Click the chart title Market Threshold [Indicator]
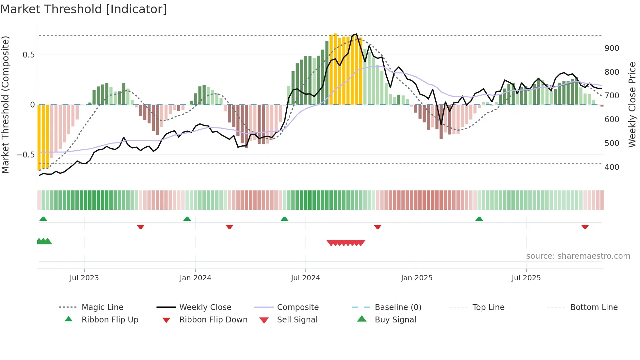[x=84, y=9]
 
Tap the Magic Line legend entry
[x=102, y=307]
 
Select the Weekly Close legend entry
[x=205, y=307]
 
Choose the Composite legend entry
[x=297, y=307]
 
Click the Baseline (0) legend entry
[x=398, y=307]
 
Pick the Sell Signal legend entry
[x=297, y=320]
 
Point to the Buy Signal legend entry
[x=395, y=320]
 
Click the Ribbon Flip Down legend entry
[x=213, y=320]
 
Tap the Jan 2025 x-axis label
[x=417, y=278]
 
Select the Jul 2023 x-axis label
[x=84, y=278]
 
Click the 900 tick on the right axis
[x=612, y=48]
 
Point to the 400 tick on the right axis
[x=612, y=167]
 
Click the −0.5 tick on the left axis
[x=26, y=155]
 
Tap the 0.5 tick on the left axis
[x=29, y=55]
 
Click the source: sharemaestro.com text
[x=578, y=256]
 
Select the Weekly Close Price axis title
[x=632, y=105]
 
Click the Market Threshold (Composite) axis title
[x=5, y=105]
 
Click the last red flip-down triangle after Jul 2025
[x=585, y=227]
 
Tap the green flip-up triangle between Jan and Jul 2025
[x=479, y=219]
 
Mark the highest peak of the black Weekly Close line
[x=356, y=34]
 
